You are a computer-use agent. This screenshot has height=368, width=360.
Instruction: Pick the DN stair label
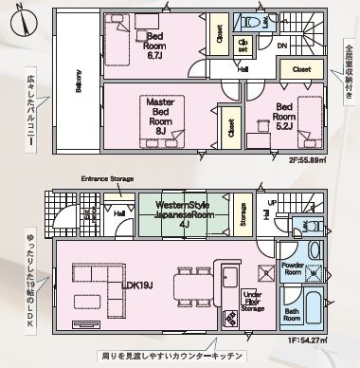click(282, 45)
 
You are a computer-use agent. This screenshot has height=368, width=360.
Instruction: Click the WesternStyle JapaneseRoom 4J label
click(184, 213)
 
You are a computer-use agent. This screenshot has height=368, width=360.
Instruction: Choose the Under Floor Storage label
click(252, 301)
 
